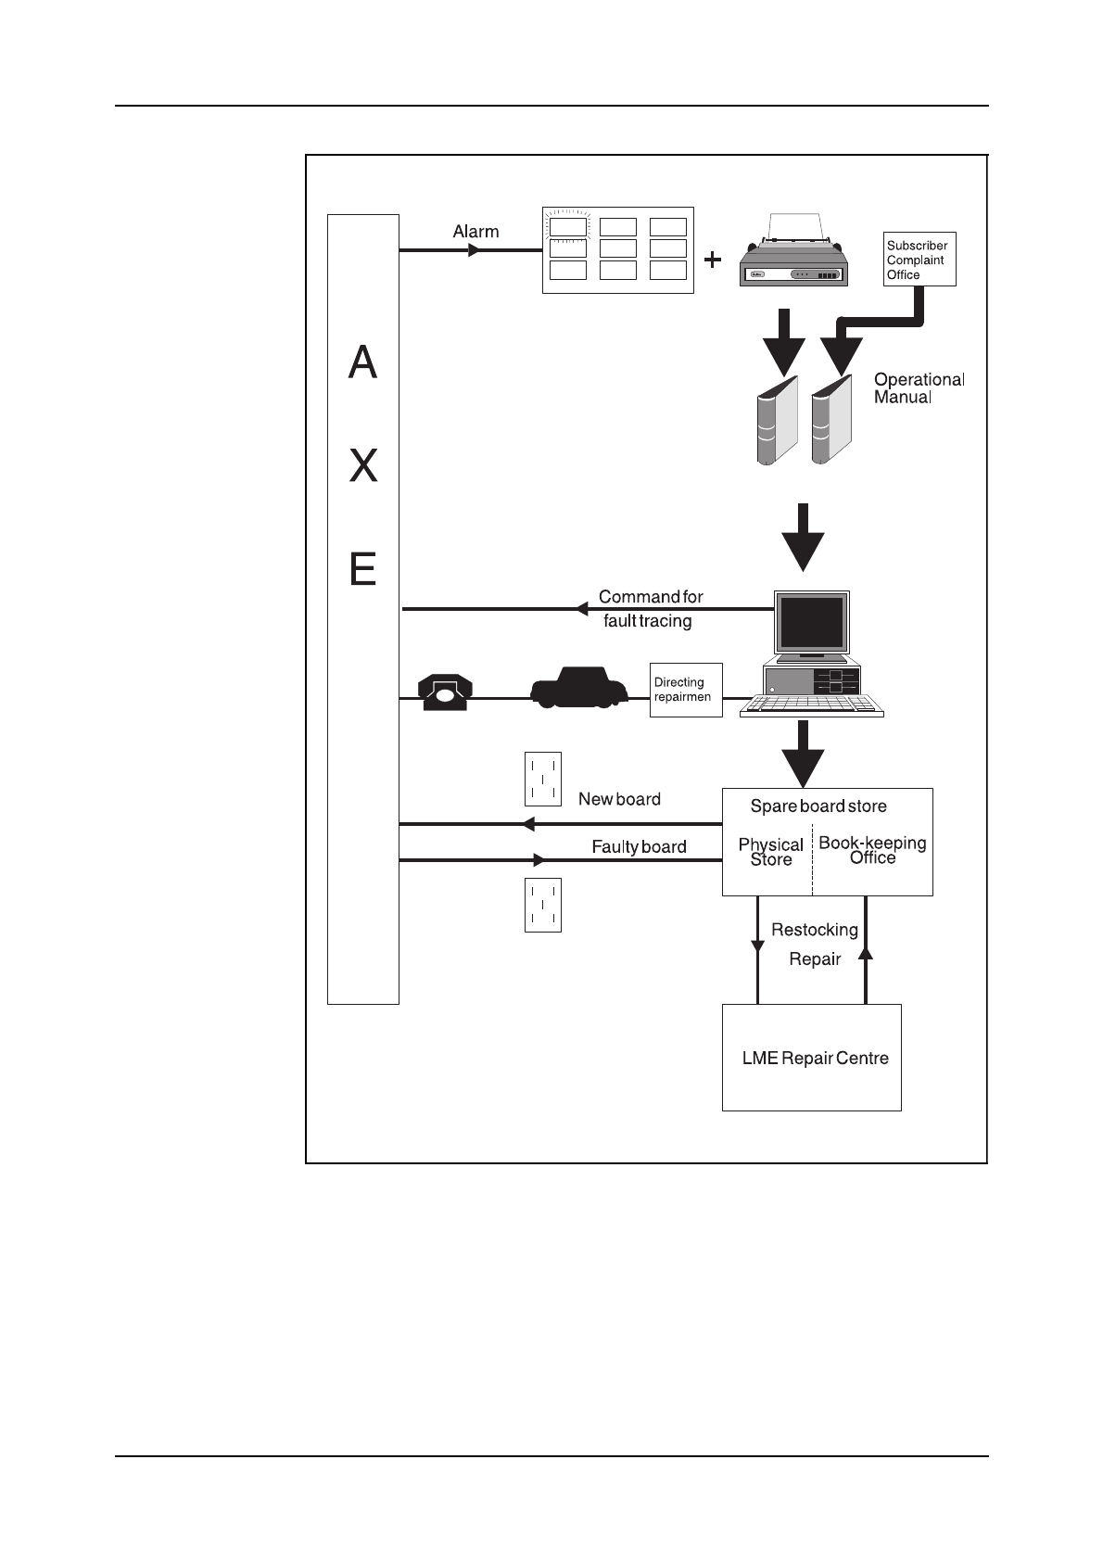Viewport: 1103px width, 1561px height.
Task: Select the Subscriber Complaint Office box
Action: (919, 260)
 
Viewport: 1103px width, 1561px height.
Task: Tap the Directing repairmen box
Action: (686, 690)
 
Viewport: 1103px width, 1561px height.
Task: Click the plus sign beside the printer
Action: (712, 260)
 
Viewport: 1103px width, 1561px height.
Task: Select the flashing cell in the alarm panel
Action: (567, 227)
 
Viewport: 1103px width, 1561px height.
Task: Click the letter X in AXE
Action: (363, 466)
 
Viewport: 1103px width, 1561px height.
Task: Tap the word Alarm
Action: (475, 232)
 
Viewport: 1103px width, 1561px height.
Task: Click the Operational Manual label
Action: (919, 388)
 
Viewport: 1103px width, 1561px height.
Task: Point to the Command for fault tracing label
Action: (649, 609)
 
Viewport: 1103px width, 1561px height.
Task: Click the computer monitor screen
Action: (812, 623)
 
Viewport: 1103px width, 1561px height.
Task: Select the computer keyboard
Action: (812, 707)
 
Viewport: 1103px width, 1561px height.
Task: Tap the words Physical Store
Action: (770, 852)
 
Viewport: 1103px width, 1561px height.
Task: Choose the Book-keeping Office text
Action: (872, 850)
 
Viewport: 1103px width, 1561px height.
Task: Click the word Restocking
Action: (814, 930)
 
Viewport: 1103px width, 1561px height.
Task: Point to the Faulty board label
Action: (639, 846)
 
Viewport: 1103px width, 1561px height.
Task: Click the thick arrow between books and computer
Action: (803, 537)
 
